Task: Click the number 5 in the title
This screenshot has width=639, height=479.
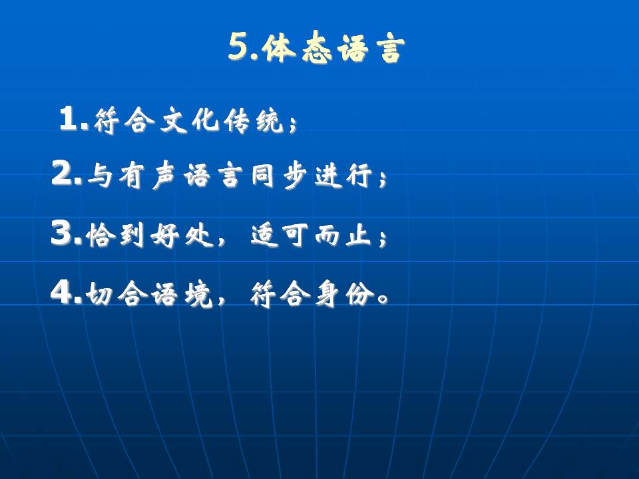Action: click(x=238, y=47)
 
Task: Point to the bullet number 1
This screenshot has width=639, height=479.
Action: click(x=69, y=119)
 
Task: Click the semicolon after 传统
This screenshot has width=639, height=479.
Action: click(x=292, y=124)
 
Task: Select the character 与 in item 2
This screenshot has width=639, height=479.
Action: click(x=100, y=176)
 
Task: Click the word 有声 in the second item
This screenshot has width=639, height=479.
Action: click(x=147, y=176)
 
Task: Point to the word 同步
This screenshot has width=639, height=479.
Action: click(x=279, y=176)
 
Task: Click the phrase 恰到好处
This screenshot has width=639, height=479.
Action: click(x=150, y=236)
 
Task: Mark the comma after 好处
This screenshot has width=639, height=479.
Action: click(x=221, y=241)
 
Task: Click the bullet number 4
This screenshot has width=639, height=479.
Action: click(x=63, y=292)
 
